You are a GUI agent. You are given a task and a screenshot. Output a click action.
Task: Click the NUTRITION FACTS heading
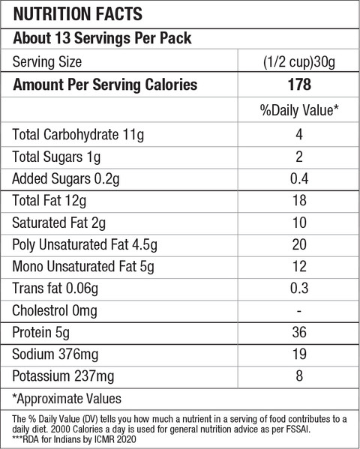(78, 13)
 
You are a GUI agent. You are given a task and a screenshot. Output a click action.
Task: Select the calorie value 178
(299, 85)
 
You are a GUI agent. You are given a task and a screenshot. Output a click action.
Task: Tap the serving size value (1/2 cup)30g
(299, 62)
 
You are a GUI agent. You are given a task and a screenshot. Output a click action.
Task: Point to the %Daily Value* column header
(299, 110)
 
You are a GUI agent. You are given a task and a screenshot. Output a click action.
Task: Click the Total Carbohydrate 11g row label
(78, 135)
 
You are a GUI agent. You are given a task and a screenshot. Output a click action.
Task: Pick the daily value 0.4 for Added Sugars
(299, 178)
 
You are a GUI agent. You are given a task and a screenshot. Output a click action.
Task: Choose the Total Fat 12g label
(49, 200)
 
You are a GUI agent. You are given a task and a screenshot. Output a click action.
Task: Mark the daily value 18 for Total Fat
(299, 200)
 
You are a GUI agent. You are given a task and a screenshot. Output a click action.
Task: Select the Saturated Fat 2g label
(58, 223)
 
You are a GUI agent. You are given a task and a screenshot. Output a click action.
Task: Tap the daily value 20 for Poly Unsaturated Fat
(299, 244)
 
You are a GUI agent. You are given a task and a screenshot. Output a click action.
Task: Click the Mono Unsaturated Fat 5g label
(83, 267)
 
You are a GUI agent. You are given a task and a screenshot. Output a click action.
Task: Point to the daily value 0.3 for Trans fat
(299, 288)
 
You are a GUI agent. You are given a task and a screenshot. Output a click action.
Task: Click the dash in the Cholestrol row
(299, 310)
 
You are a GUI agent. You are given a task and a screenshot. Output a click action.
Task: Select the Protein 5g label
(40, 333)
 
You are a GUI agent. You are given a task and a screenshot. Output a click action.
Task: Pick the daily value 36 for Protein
(299, 332)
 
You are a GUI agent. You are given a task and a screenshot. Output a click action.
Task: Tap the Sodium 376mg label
(55, 355)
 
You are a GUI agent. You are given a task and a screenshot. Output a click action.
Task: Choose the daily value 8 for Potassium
(299, 376)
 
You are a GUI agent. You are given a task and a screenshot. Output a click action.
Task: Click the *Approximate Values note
(67, 399)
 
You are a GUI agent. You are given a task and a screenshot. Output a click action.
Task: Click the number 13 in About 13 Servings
(62, 38)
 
